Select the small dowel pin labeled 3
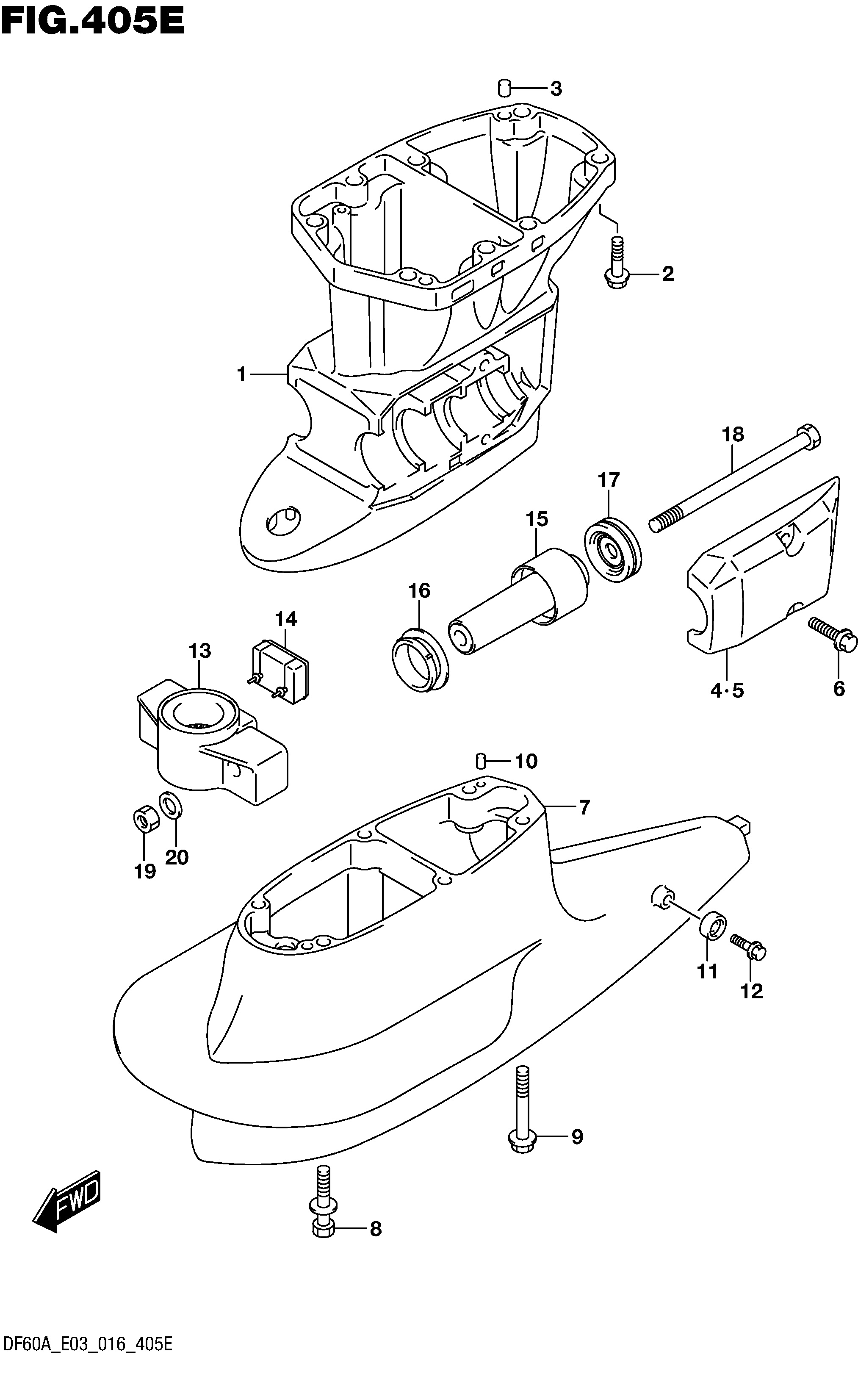tap(504, 88)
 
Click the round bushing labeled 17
tap(613, 549)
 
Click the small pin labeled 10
tap(481, 760)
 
